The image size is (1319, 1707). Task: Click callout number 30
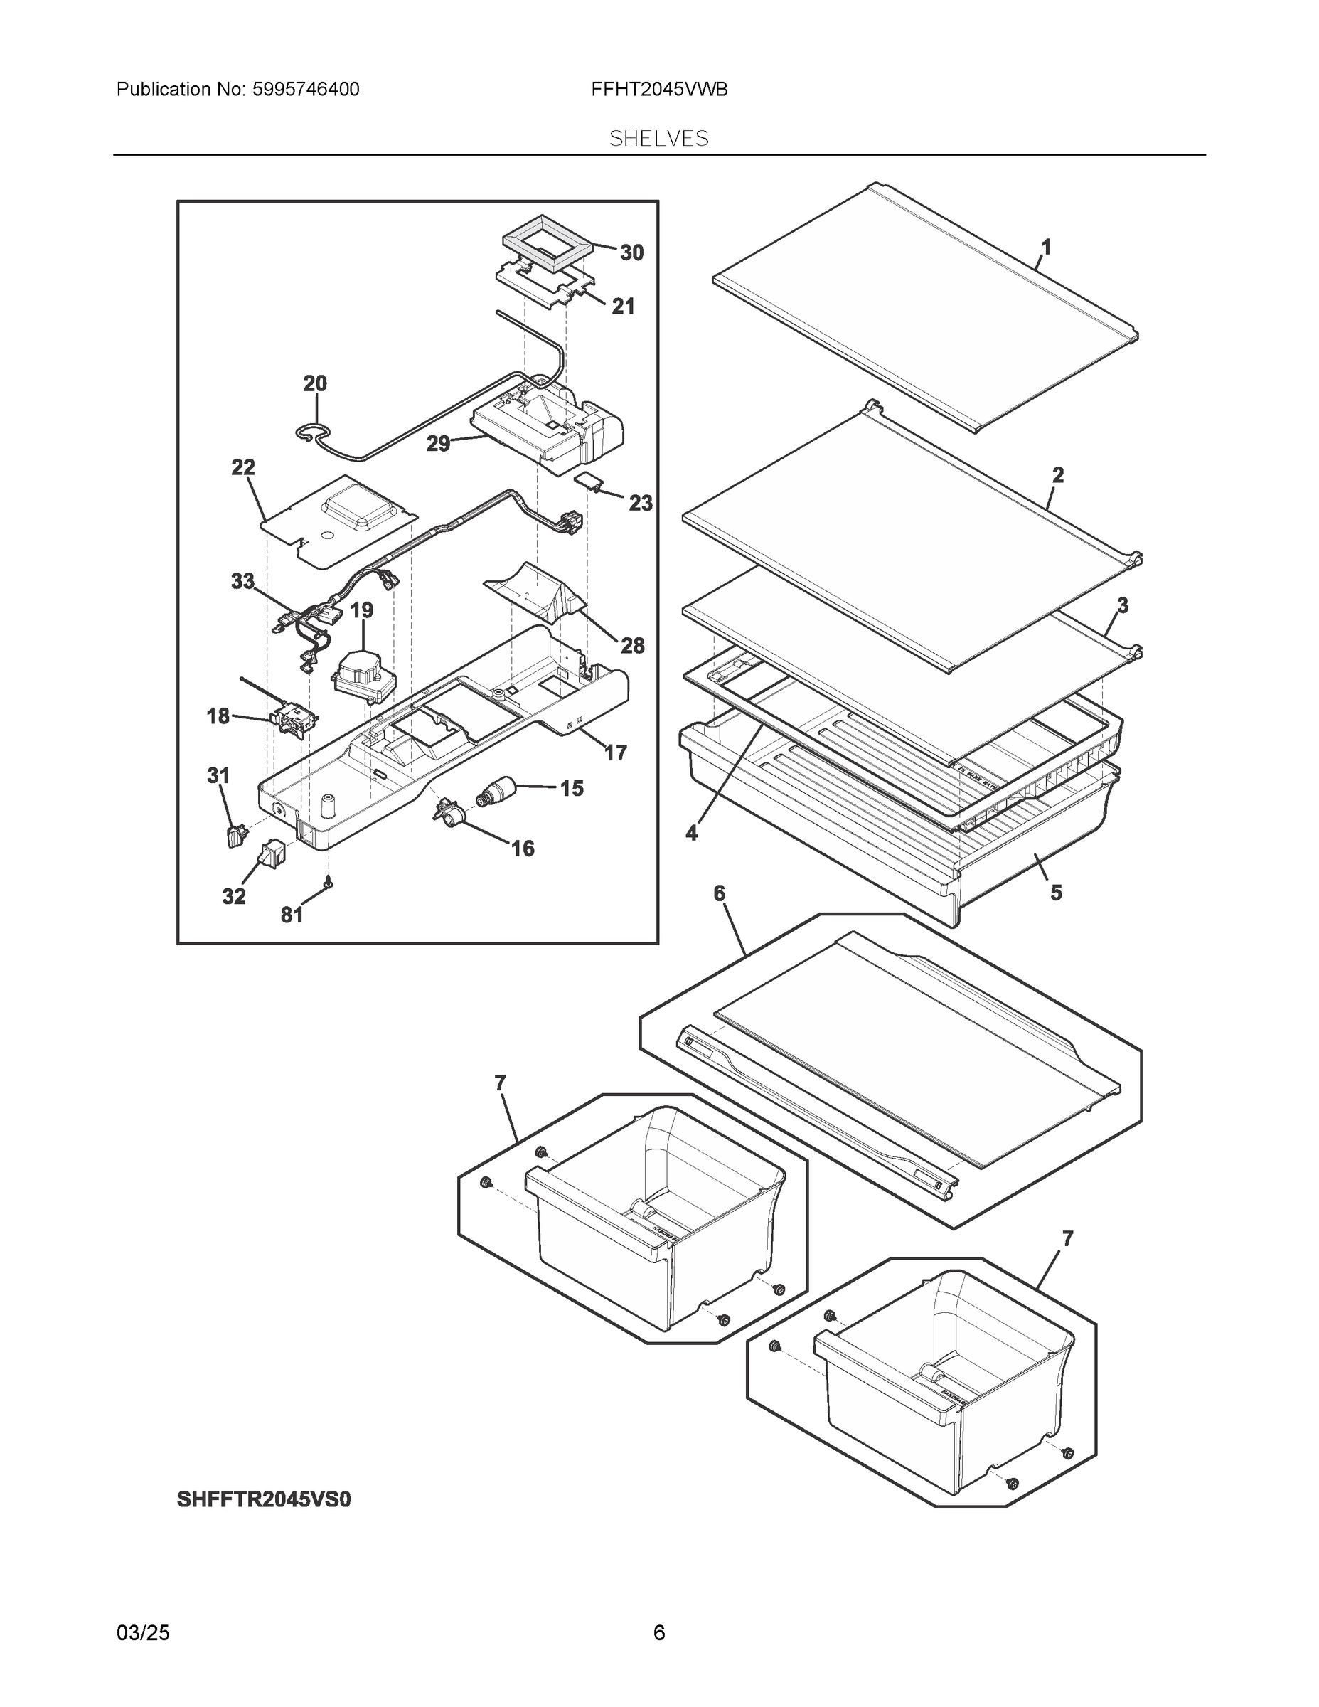(631, 252)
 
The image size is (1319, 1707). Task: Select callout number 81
(292, 915)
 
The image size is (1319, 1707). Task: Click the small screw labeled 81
(329, 883)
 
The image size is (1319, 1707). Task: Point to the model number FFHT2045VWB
(658, 90)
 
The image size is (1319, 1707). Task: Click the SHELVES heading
(658, 139)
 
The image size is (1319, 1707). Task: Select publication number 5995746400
(306, 90)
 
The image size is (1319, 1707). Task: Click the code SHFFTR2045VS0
(263, 1499)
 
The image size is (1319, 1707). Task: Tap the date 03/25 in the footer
(142, 1632)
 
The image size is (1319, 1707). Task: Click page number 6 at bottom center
(658, 1632)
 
